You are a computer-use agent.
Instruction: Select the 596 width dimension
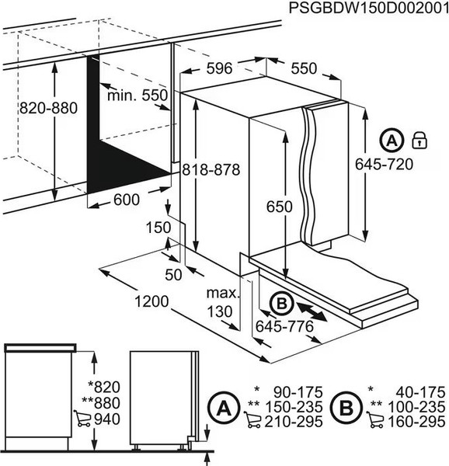(220, 69)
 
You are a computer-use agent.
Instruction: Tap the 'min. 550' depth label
(138, 95)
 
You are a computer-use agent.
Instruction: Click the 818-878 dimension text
(209, 170)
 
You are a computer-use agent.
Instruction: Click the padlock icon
(419, 141)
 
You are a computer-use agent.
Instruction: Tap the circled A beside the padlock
(392, 141)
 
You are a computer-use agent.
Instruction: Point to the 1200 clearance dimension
(148, 300)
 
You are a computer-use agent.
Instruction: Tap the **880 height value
(106, 403)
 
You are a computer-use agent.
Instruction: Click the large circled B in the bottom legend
(343, 406)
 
